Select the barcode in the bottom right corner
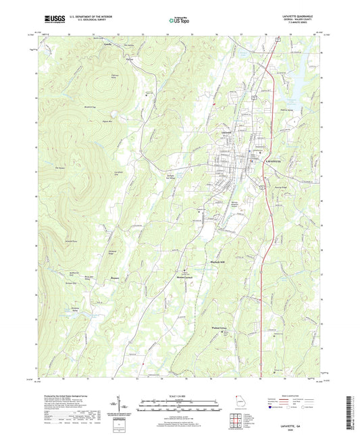pos(352,403)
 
